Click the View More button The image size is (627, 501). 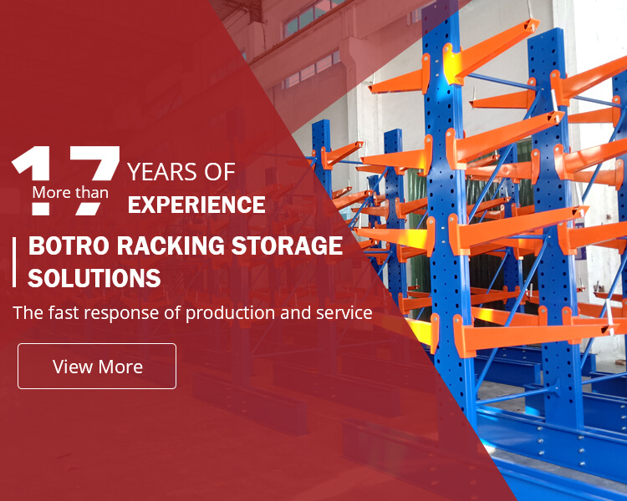97,366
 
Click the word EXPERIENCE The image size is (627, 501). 196,204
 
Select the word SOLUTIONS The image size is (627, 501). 94,278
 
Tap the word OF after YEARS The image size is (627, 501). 220,173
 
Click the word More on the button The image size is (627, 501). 120,367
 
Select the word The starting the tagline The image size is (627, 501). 27,314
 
